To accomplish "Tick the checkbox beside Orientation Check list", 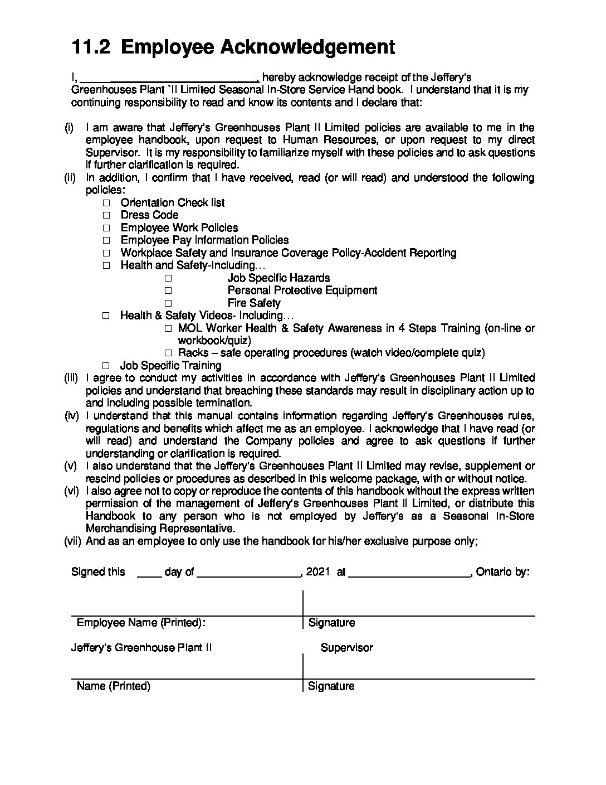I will tap(106, 203).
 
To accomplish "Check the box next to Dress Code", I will tap(106, 215).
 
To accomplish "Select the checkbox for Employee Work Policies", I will tap(106, 228).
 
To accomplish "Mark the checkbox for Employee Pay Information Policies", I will tap(106, 241).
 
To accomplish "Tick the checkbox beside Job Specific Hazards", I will tap(168, 278).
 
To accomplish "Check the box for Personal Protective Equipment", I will tap(168, 290).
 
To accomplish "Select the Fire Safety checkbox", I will tap(168, 303).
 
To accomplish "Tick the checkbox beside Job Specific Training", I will tap(106, 366).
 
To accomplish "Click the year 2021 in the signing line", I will tap(318, 572).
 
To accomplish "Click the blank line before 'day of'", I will tap(149, 573).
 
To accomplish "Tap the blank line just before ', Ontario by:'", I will tap(410, 573).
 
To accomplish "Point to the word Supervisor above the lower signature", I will tap(346, 648).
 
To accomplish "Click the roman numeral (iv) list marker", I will tap(72, 416).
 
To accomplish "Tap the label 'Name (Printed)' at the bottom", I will tap(114, 686).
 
